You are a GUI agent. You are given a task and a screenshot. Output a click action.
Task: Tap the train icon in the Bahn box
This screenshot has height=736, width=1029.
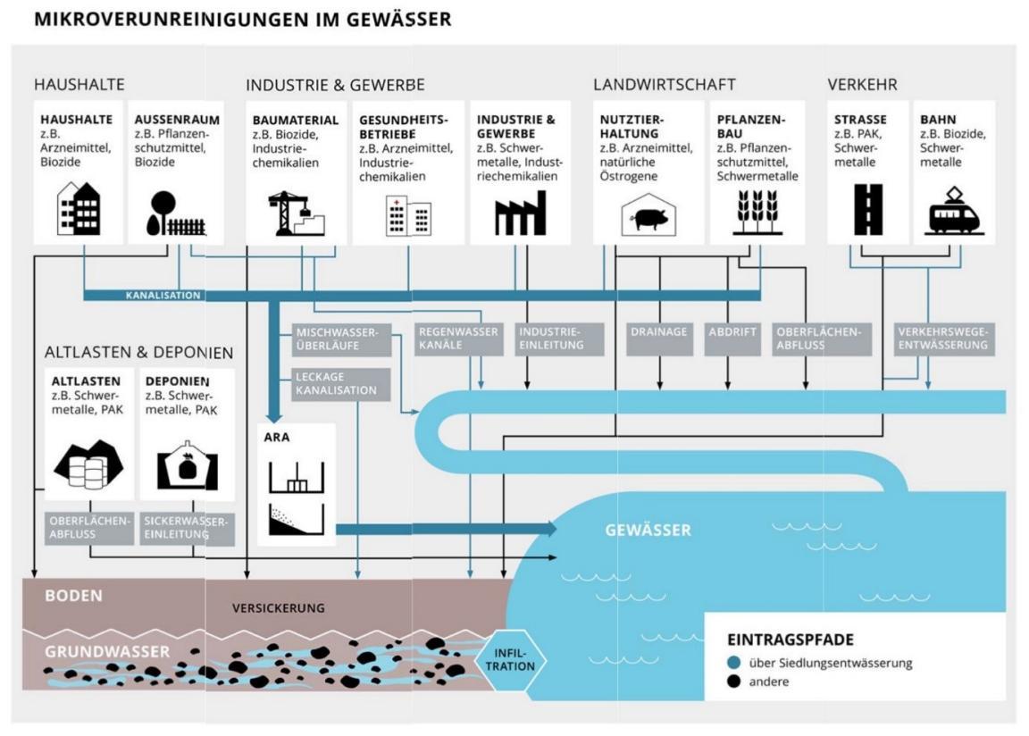pos(954,213)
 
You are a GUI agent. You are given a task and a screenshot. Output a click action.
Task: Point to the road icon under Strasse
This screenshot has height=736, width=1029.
pos(868,210)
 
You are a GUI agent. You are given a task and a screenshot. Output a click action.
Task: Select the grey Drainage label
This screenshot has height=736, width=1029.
pos(658,332)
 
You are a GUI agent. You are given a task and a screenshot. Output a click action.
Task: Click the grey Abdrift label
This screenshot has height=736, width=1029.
pos(732,332)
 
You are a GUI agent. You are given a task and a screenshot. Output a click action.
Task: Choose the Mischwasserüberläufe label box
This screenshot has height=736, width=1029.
pos(337,339)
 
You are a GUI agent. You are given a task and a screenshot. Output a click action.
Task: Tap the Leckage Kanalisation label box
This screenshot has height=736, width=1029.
pos(336,383)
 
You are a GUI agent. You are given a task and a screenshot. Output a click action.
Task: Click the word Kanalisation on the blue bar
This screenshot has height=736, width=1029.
pos(163,295)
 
